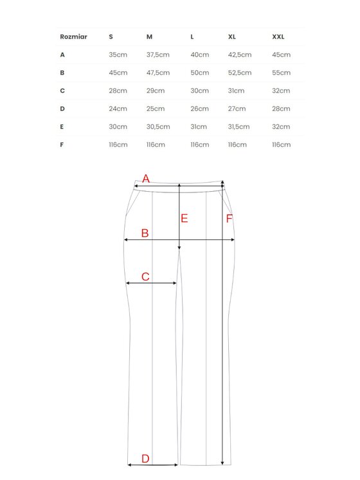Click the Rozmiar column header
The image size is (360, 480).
point(73,37)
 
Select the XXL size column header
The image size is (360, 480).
point(278,37)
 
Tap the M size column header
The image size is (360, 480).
point(150,37)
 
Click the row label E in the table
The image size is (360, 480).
point(62,127)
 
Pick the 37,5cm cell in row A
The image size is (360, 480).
point(158,55)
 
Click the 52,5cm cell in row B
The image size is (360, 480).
point(240,73)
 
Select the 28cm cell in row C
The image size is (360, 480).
point(118,91)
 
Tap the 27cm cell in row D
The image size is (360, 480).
point(237,109)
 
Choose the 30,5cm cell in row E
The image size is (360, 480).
point(158,127)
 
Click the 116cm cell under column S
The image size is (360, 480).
point(118,145)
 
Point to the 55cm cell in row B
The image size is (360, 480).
point(282,73)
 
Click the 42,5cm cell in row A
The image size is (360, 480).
point(240,55)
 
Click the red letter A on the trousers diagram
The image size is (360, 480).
point(145,179)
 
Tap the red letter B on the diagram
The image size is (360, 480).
point(145,233)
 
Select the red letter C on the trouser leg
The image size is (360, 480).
point(145,277)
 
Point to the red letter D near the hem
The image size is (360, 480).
point(145,458)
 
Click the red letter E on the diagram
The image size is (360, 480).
point(184,218)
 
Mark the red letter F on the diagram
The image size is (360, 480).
point(229,219)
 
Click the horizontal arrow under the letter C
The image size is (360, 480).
point(151,283)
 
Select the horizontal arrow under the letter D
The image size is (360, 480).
point(152,465)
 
